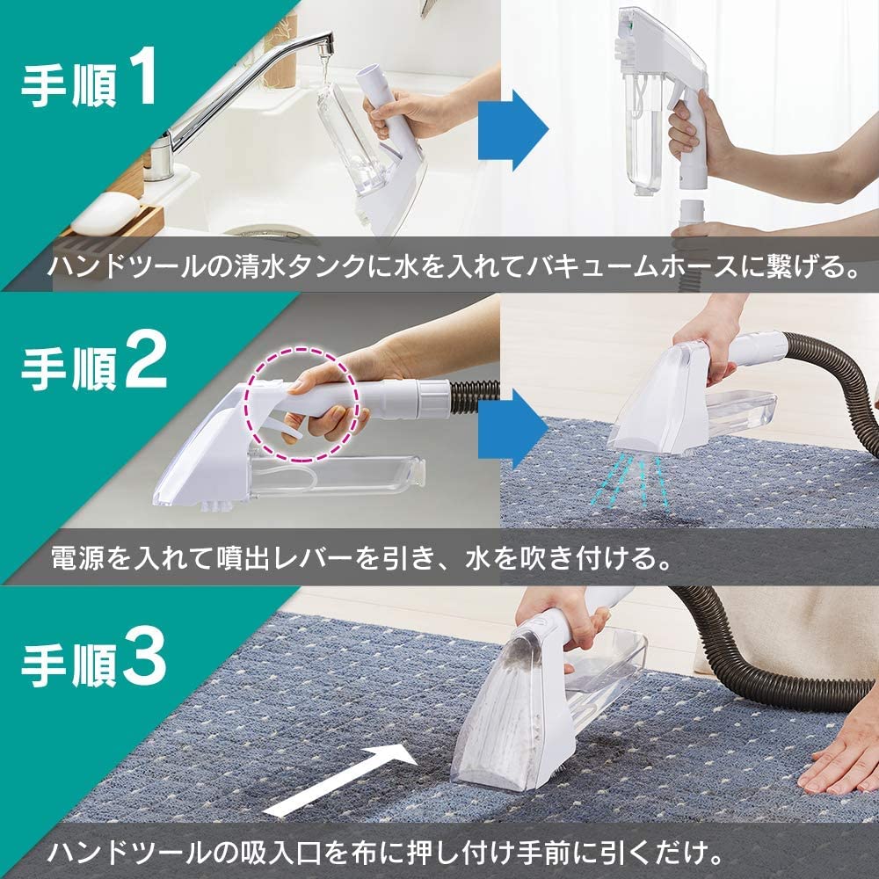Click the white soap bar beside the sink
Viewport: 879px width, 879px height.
pos(103,209)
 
